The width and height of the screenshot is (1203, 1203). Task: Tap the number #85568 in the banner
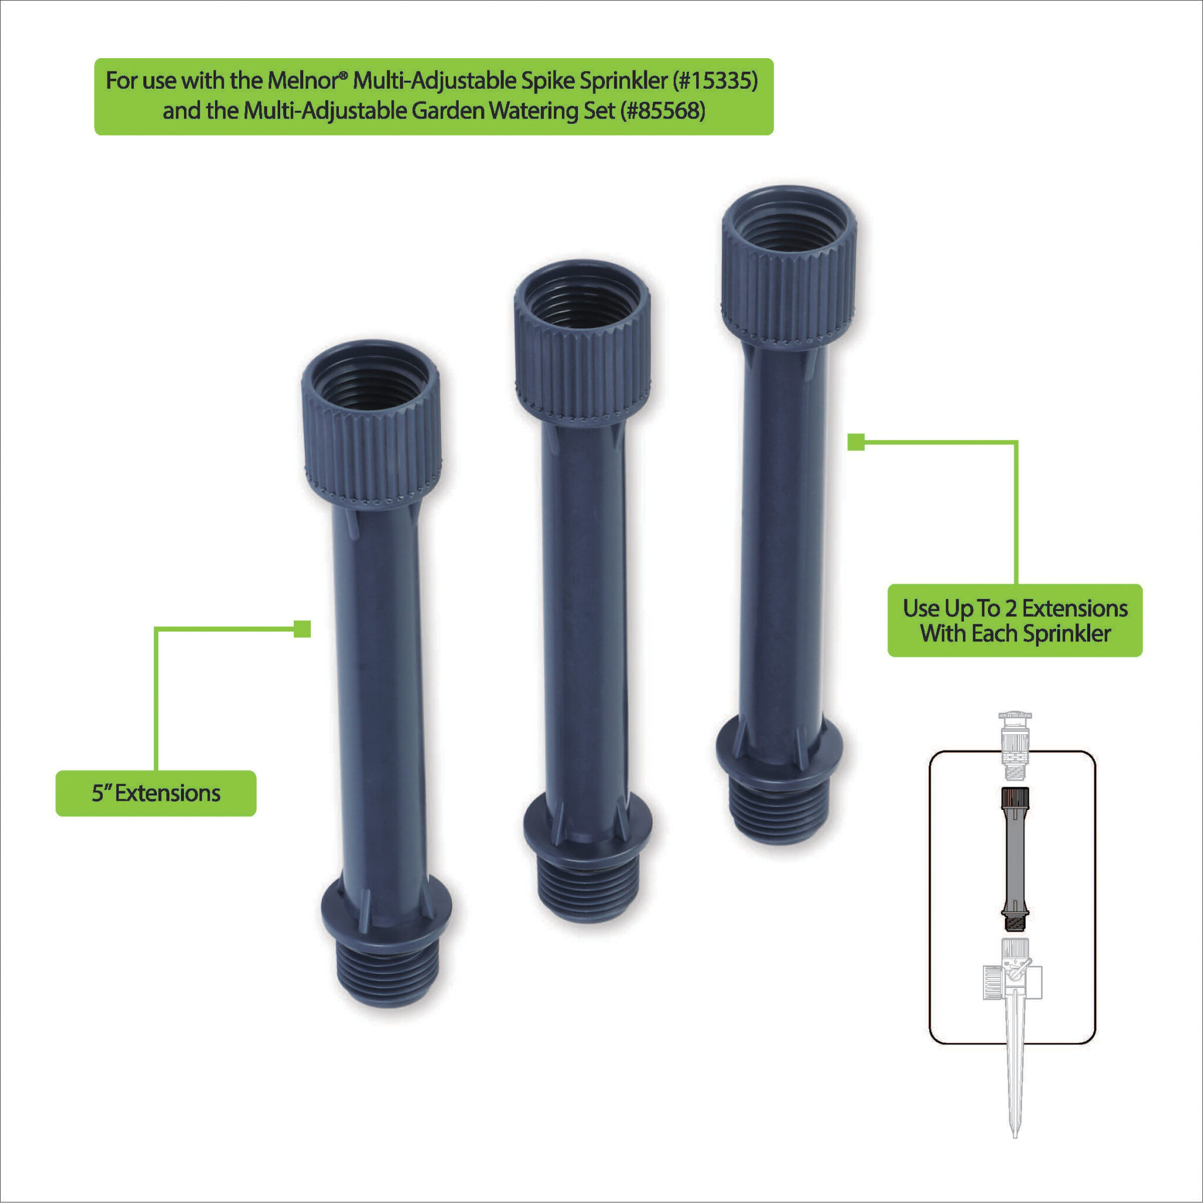tap(663, 111)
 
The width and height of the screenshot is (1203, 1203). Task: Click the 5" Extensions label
tap(156, 793)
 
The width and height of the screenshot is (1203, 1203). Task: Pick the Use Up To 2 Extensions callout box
tap(1015, 620)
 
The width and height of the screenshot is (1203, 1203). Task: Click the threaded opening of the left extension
tap(370, 381)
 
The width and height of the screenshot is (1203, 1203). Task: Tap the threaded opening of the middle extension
tap(582, 301)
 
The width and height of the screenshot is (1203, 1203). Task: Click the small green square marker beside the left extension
tap(302, 629)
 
